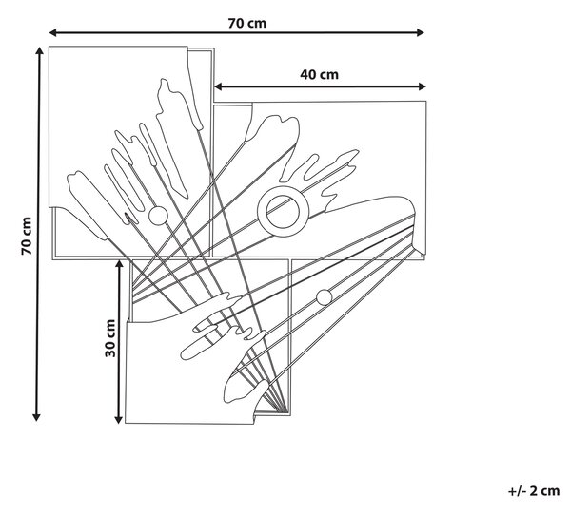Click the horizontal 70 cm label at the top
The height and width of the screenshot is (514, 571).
[247, 23]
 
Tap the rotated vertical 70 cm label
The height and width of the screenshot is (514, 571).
[27, 236]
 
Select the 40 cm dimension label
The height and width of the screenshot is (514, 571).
[319, 74]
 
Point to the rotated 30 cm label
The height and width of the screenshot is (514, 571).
[110, 338]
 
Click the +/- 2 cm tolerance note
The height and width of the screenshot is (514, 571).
[534, 491]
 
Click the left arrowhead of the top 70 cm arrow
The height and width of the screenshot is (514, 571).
[52, 32]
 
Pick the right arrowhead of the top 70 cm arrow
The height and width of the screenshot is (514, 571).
[421, 32]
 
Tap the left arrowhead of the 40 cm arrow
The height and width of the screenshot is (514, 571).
[219, 86]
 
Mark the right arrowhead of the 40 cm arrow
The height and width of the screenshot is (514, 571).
[422, 86]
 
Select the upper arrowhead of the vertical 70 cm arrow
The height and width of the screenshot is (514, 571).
[39, 50]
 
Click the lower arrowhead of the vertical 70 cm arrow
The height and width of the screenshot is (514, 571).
[36, 417]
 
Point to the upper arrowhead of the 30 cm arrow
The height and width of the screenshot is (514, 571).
[119, 263]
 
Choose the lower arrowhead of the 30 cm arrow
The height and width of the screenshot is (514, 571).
[118, 420]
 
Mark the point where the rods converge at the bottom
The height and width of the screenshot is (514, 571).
[284, 411]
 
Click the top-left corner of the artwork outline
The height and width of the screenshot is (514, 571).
[49, 47]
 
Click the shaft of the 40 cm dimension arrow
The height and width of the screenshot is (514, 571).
[320, 86]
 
